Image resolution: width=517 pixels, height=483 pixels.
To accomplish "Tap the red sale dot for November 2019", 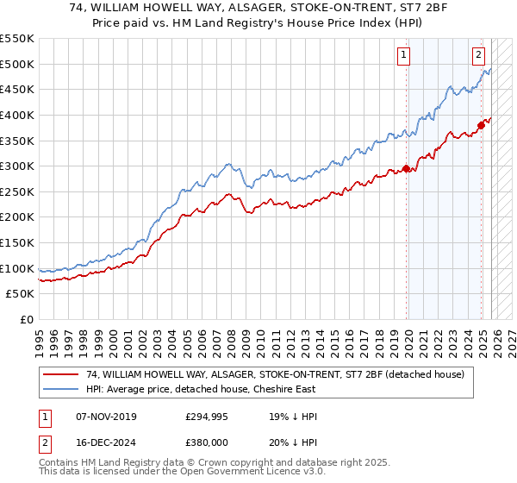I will [406, 169].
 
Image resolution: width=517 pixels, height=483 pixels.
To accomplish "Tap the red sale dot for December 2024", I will [481, 125].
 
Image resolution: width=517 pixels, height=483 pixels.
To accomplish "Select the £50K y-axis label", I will [21, 294].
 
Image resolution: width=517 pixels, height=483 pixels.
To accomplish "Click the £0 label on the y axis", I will [28, 320].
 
